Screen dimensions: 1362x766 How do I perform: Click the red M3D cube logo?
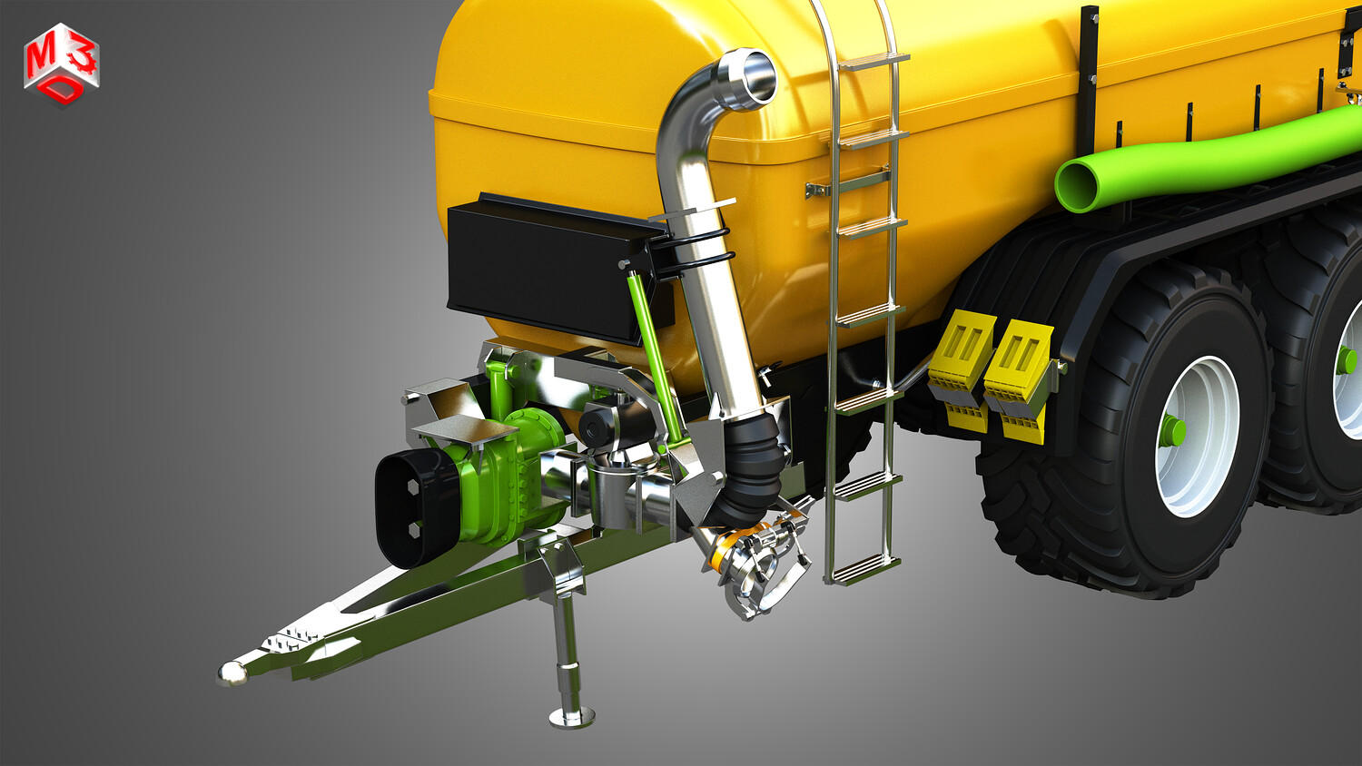tap(62, 64)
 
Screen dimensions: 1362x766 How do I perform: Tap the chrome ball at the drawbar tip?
tap(232, 673)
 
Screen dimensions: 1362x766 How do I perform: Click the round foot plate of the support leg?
tap(571, 717)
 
